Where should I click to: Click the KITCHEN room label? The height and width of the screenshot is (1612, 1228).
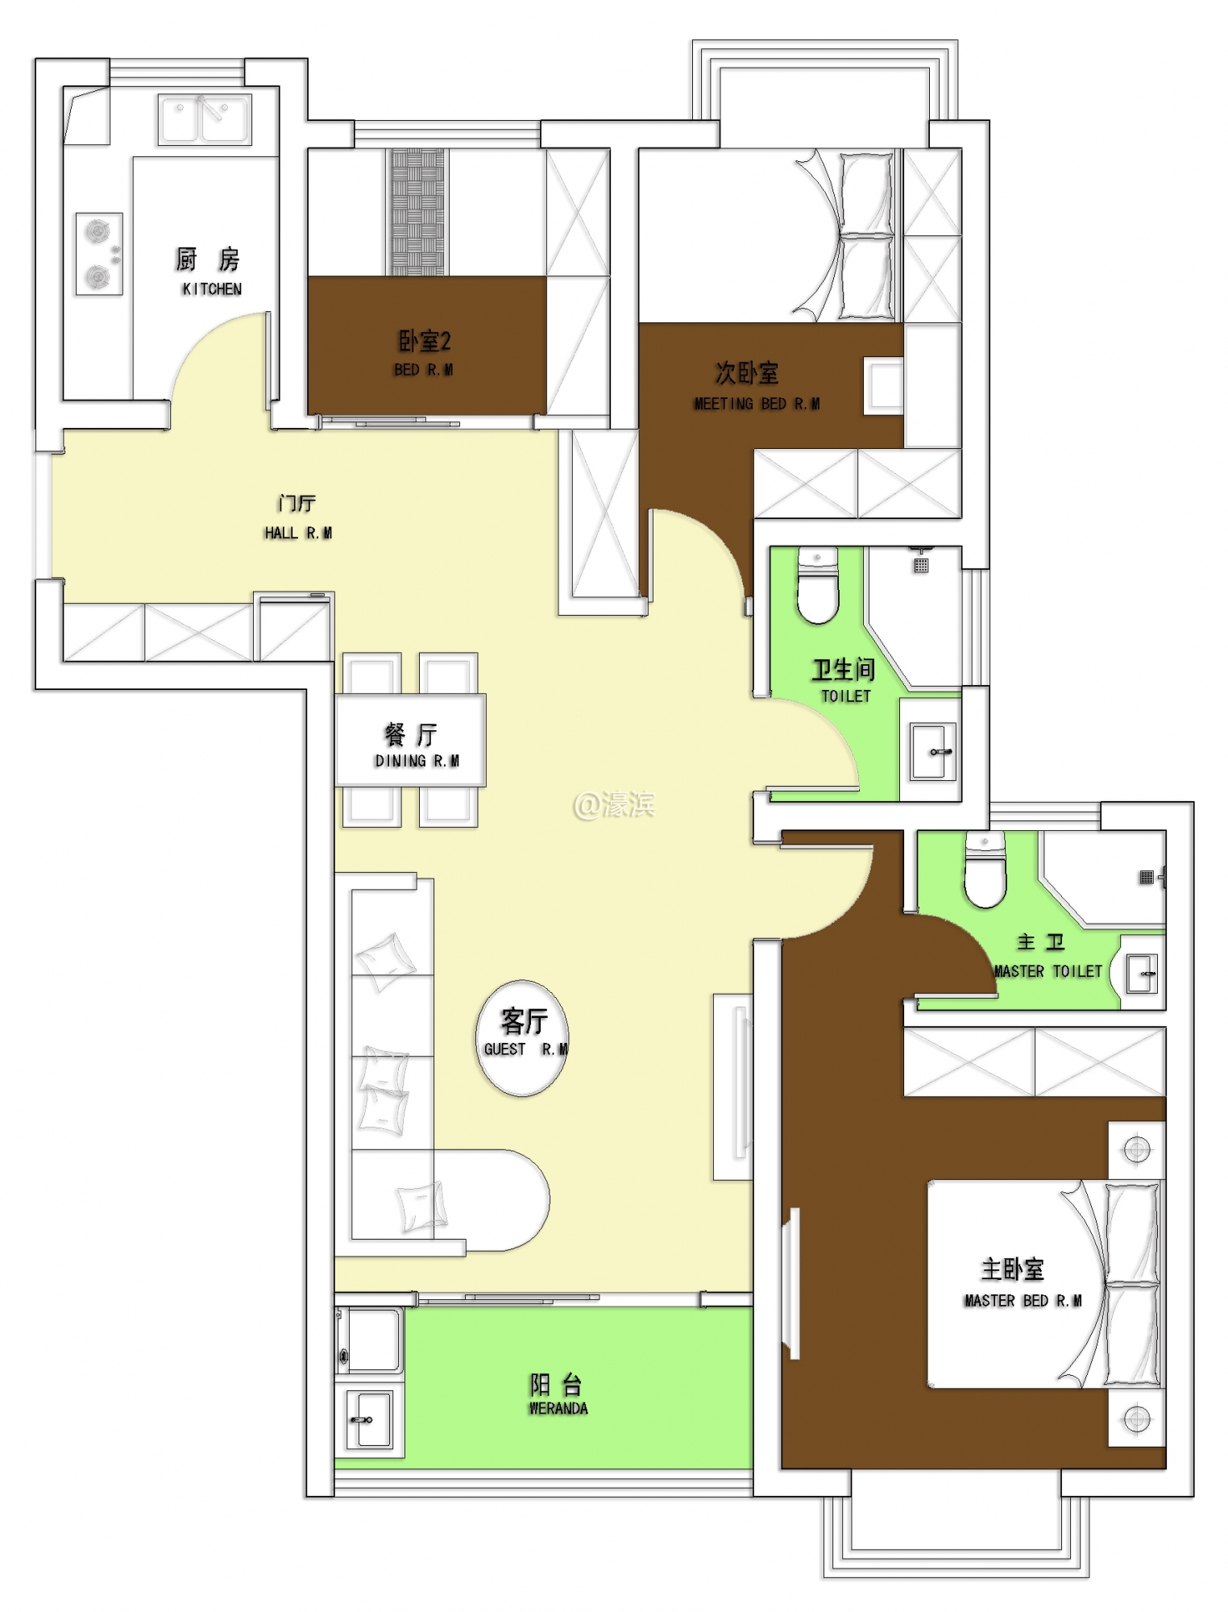pos(212,289)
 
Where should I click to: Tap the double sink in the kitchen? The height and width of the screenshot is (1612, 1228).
pos(205,119)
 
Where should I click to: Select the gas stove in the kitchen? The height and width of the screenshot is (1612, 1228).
pos(99,254)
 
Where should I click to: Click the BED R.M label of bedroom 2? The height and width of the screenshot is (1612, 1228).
pos(424,370)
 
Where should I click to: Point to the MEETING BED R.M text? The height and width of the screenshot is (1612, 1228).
pos(757,404)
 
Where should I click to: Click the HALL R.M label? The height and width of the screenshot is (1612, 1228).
pos(298,533)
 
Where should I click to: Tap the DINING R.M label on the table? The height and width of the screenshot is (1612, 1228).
pos(417,761)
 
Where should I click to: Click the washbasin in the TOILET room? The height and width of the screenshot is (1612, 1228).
pos(933,752)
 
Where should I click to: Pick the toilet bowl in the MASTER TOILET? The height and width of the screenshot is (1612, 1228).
pos(985,870)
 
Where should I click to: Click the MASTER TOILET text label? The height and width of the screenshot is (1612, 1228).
pos(1048,971)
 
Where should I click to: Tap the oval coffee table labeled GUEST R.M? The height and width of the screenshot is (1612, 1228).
pos(522,1038)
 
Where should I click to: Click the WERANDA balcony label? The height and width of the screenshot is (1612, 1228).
pos(558,1408)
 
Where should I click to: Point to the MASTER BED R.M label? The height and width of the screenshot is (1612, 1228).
pos(1023,1301)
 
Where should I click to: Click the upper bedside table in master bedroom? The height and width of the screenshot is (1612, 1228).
pos(1137,1150)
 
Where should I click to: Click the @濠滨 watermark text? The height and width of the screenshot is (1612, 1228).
pos(614,804)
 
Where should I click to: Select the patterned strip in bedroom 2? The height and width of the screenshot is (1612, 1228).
pos(417,212)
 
